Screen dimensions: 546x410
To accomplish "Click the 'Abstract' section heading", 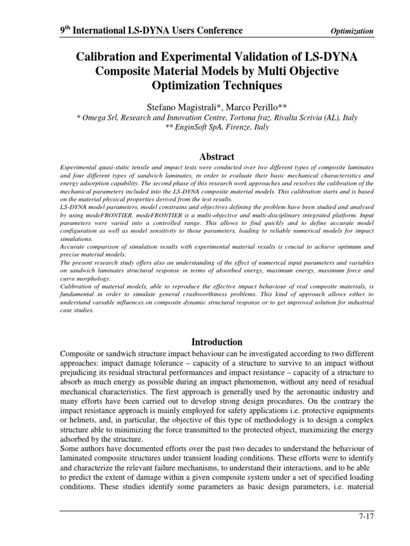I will point(216,156).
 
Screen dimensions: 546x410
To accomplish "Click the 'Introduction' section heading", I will point(216,342).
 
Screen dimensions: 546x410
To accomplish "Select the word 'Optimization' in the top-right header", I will point(352,31).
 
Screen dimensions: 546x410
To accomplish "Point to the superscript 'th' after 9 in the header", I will point(67,27).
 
